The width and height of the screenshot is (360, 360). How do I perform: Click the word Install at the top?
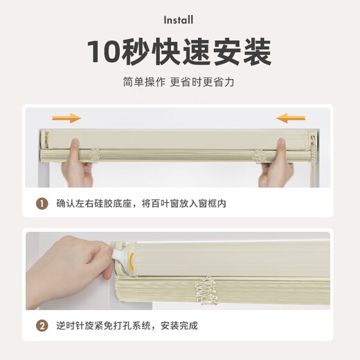click(179, 21)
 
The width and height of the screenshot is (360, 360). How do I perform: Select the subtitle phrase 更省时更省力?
click(209, 82)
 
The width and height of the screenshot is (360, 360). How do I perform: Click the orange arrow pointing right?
click(66, 118)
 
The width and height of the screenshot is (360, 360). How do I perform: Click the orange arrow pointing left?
click(291, 118)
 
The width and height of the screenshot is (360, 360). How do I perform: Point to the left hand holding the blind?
click(76, 166)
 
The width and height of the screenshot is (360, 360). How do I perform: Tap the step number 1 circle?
click(42, 204)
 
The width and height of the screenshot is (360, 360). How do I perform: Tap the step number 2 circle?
click(42, 325)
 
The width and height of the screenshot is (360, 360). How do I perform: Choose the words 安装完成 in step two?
click(188, 325)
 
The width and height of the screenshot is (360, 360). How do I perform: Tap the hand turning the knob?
click(76, 267)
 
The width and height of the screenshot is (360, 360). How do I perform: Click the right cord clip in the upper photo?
click(259, 155)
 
